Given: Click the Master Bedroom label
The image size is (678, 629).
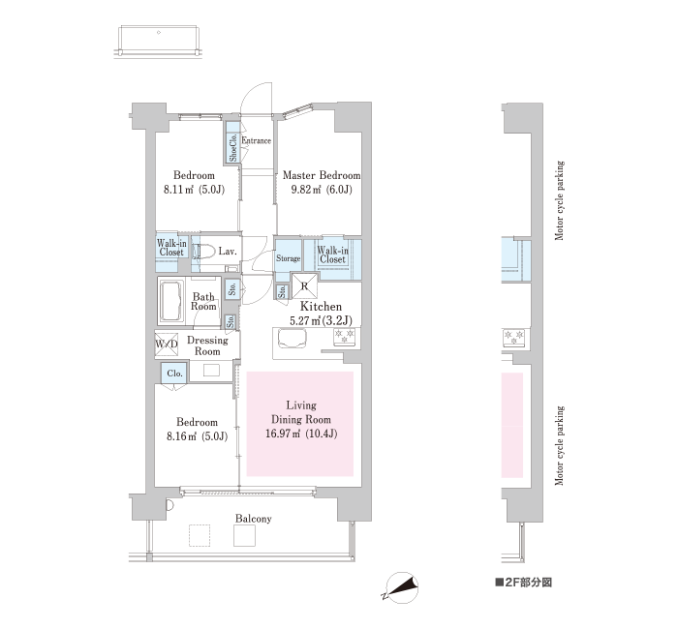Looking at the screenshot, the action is [x=322, y=175].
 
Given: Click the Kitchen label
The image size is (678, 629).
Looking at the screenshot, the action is [x=321, y=307].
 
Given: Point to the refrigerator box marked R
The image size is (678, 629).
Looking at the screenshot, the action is [x=304, y=285].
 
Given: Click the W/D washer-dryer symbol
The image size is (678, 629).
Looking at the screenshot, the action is [x=166, y=344].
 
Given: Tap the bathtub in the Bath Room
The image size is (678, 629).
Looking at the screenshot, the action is [x=171, y=301].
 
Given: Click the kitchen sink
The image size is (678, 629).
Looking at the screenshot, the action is [x=293, y=339].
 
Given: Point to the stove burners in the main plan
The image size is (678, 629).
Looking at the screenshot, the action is [x=344, y=337].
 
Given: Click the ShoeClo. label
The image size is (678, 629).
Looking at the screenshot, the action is [x=233, y=147].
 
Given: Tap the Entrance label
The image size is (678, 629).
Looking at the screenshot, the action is [x=257, y=140].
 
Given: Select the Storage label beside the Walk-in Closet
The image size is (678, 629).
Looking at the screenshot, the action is [x=289, y=258].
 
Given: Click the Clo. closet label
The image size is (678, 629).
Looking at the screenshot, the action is [x=174, y=374].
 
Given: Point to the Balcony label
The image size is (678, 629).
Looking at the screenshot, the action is [x=254, y=519].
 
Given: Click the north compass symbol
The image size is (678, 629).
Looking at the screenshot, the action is [x=401, y=587].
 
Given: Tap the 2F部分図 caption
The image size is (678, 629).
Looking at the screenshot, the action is [x=524, y=583].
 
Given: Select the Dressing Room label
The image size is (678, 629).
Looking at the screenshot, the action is [x=207, y=345].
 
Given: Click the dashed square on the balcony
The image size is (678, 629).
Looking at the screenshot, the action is [x=200, y=535].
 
